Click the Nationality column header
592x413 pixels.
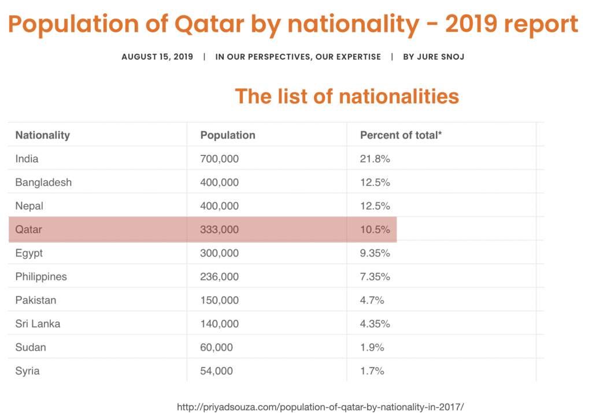coord(42,135)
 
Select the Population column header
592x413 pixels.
coord(228,135)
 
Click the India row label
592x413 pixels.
coord(27,159)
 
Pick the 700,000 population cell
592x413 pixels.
coord(220,159)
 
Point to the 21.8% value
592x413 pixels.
coord(375,159)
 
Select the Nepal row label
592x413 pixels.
coord(29,206)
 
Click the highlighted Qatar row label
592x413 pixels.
coord(29,230)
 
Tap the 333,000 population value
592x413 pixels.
coord(220,230)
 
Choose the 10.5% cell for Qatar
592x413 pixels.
coord(375,230)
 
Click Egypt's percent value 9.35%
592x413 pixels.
coord(375,254)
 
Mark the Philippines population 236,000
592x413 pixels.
coord(220,277)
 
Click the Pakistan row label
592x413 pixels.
coord(36,300)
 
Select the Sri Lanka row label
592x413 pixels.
coord(38,324)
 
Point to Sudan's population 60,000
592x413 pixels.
coord(217,348)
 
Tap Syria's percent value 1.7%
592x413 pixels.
coord(372,371)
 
